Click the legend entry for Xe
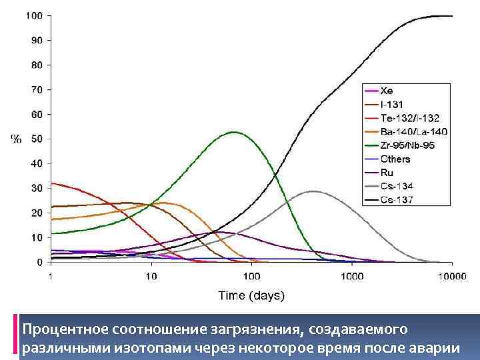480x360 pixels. tap(387, 90)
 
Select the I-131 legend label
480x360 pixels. tap(391, 104)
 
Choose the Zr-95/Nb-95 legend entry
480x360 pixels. tap(407, 145)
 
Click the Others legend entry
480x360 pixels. tap(395, 159)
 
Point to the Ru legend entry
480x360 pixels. tap(387, 173)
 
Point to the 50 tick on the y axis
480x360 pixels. tap(37, 139)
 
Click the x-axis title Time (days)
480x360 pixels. tap(251, 295)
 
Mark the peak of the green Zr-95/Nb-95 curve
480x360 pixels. tap(234, 132)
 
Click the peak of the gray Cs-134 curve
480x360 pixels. tap(311, 191)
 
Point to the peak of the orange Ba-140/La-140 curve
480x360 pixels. tap(162, 203)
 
